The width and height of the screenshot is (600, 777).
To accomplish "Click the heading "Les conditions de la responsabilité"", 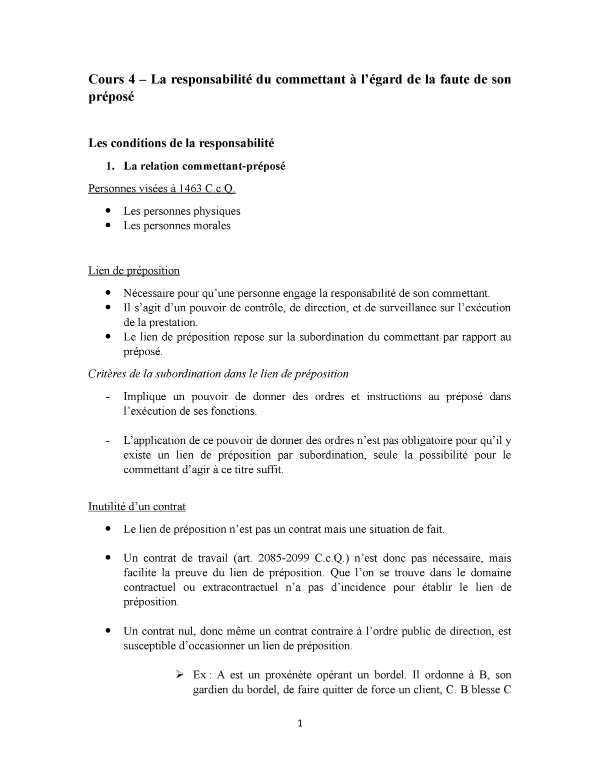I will tap(181, 144).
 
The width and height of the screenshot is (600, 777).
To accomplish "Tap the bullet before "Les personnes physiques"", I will tap(108, 211).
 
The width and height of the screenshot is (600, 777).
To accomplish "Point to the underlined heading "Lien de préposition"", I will tap(133, 271).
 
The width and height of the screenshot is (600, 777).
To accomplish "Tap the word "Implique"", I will tap(144, 397).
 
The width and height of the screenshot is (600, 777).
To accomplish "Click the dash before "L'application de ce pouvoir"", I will tap(108, 441).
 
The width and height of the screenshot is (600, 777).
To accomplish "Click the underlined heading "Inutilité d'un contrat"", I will tap(136, 506).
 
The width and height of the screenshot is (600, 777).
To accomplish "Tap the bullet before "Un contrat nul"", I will tap(108, 631).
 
